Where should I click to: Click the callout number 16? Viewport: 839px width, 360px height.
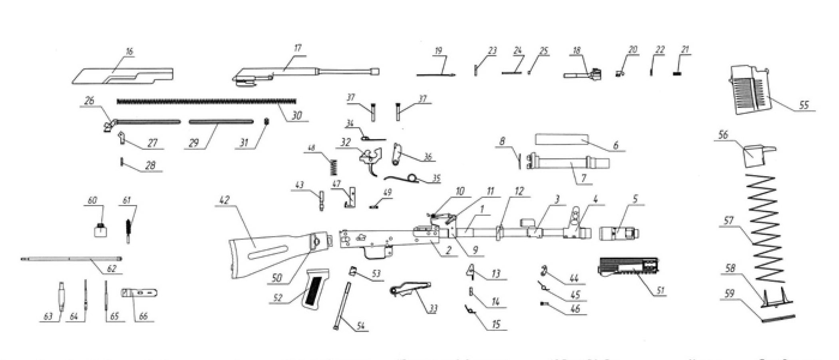[x=129, y=52]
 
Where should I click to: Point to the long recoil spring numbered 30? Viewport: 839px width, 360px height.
[x=206, y=101]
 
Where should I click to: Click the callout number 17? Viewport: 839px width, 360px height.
[x=297, y=48]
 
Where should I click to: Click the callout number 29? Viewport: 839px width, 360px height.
[x=194, y=143]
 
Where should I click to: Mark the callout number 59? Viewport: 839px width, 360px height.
[x=729, y=294]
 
